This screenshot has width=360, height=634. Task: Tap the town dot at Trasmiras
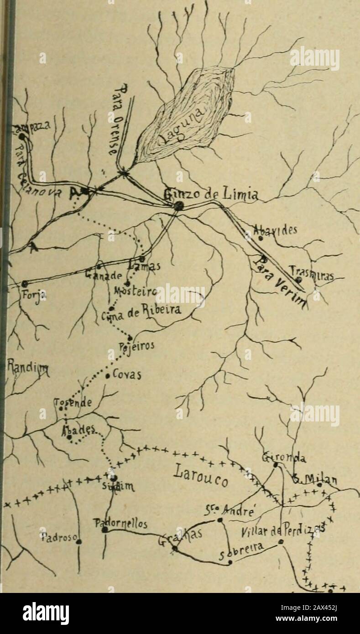point(297,280)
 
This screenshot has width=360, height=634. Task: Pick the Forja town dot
point(24,284)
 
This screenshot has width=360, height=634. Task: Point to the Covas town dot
point(107,376)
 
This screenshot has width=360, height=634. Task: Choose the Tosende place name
point(73,403)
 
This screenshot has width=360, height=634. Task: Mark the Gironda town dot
point(276,464)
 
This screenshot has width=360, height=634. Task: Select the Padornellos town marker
point(104,530)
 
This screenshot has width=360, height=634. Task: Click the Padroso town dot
point(79,541)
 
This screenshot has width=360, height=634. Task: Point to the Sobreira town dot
point(230,562)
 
